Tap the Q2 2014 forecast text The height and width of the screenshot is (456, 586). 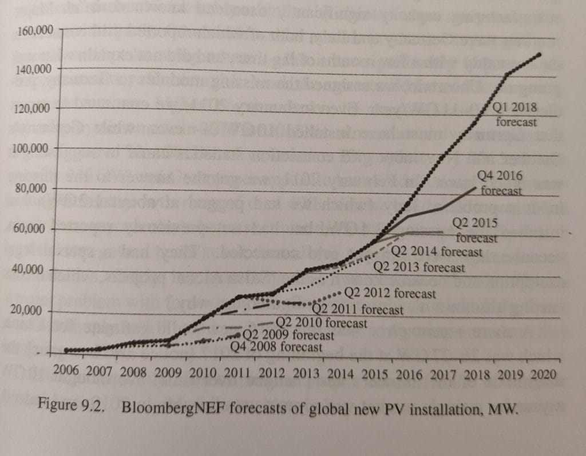[437, 251]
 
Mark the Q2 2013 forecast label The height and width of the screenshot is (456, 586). [419, 267]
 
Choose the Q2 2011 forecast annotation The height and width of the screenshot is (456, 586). [361, 310]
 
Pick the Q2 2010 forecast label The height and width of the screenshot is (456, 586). [322, 323]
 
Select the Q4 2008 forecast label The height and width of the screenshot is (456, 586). [276, 347]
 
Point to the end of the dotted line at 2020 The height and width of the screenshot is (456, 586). [540, 54]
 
